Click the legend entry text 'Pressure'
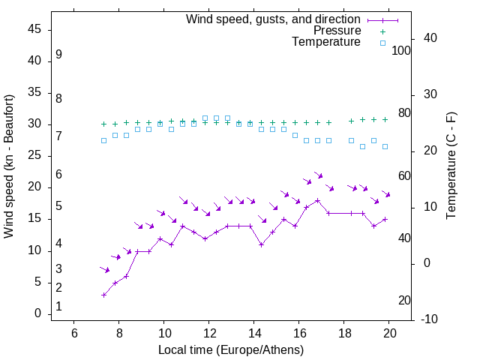point(337,31)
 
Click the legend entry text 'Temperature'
point(326,43)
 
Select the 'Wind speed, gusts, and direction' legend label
point(274,19)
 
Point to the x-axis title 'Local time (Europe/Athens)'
point(231,350)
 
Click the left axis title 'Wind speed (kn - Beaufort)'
point(9,166)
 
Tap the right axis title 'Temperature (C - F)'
point(451,166)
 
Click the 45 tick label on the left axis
point(34,30)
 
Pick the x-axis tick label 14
point(254,333)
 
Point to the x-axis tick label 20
point(389,333)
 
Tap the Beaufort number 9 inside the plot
point(58,55)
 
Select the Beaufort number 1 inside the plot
point(58,307)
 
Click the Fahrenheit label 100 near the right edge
point(402,50)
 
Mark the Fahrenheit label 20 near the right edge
point(404,301)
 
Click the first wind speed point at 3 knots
point(104,295)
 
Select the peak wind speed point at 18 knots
point(318,200)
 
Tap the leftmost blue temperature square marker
point(104,140)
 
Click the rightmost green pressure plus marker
point(385,119)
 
